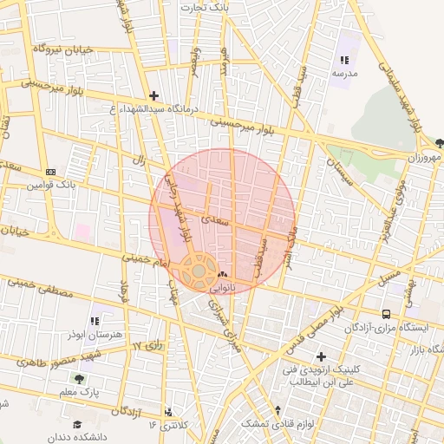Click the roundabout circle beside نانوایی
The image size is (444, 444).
199,271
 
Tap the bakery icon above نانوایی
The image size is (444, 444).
224,274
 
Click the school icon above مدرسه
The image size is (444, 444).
344,61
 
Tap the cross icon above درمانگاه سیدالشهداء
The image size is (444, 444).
154,95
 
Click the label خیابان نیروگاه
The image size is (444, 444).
62,49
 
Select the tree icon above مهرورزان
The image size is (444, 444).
439,142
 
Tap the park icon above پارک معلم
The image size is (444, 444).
79,379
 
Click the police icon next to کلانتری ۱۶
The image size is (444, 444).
168,412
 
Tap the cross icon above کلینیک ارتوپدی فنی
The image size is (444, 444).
322,356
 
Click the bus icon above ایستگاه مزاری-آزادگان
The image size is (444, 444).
386,314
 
